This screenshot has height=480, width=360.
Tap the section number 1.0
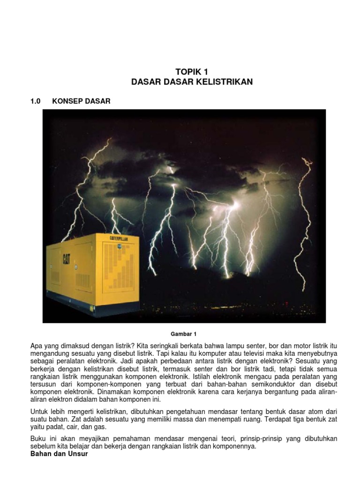(36, 101)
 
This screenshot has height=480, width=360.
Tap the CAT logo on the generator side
(67, 259)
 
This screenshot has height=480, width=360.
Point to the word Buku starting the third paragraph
(38, 439)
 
